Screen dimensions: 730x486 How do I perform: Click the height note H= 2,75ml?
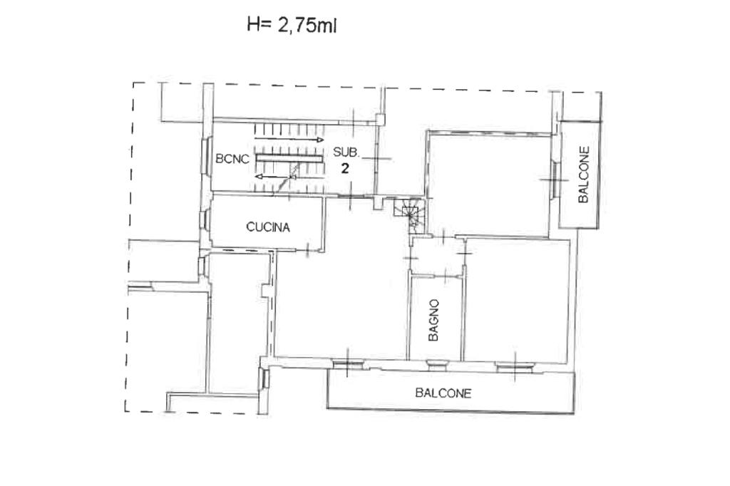click(x=292, y=25)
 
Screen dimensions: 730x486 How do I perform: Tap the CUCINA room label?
click(x=268, y=227)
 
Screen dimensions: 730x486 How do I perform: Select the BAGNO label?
click(x=433, y=320)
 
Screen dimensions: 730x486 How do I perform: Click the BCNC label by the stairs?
click(x=232, y=159)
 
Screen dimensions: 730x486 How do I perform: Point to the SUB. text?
click(x=346, y=152)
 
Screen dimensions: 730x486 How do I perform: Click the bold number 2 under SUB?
click(x=345, y=168)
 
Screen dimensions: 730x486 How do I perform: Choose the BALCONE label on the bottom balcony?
click(x=443, y=393)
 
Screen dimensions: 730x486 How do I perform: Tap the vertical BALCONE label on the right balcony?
click(x=583, y=175)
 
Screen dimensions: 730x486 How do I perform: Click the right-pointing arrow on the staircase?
click(x=289, y=139)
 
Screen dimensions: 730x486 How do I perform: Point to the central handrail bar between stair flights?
click(x=289, y=159)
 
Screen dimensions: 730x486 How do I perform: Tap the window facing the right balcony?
click(x=555, y=180)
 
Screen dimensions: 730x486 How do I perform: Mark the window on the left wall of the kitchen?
click(x=203, y=219)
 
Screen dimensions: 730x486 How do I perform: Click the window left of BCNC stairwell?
click(x=205, y=157)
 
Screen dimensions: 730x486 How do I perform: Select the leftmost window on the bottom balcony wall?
click(x=348, y=363)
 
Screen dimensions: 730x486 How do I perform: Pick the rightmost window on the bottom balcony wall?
click(x=515, y=366)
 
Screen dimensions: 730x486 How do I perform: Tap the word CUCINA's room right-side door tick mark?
click(x=308, y=249)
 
